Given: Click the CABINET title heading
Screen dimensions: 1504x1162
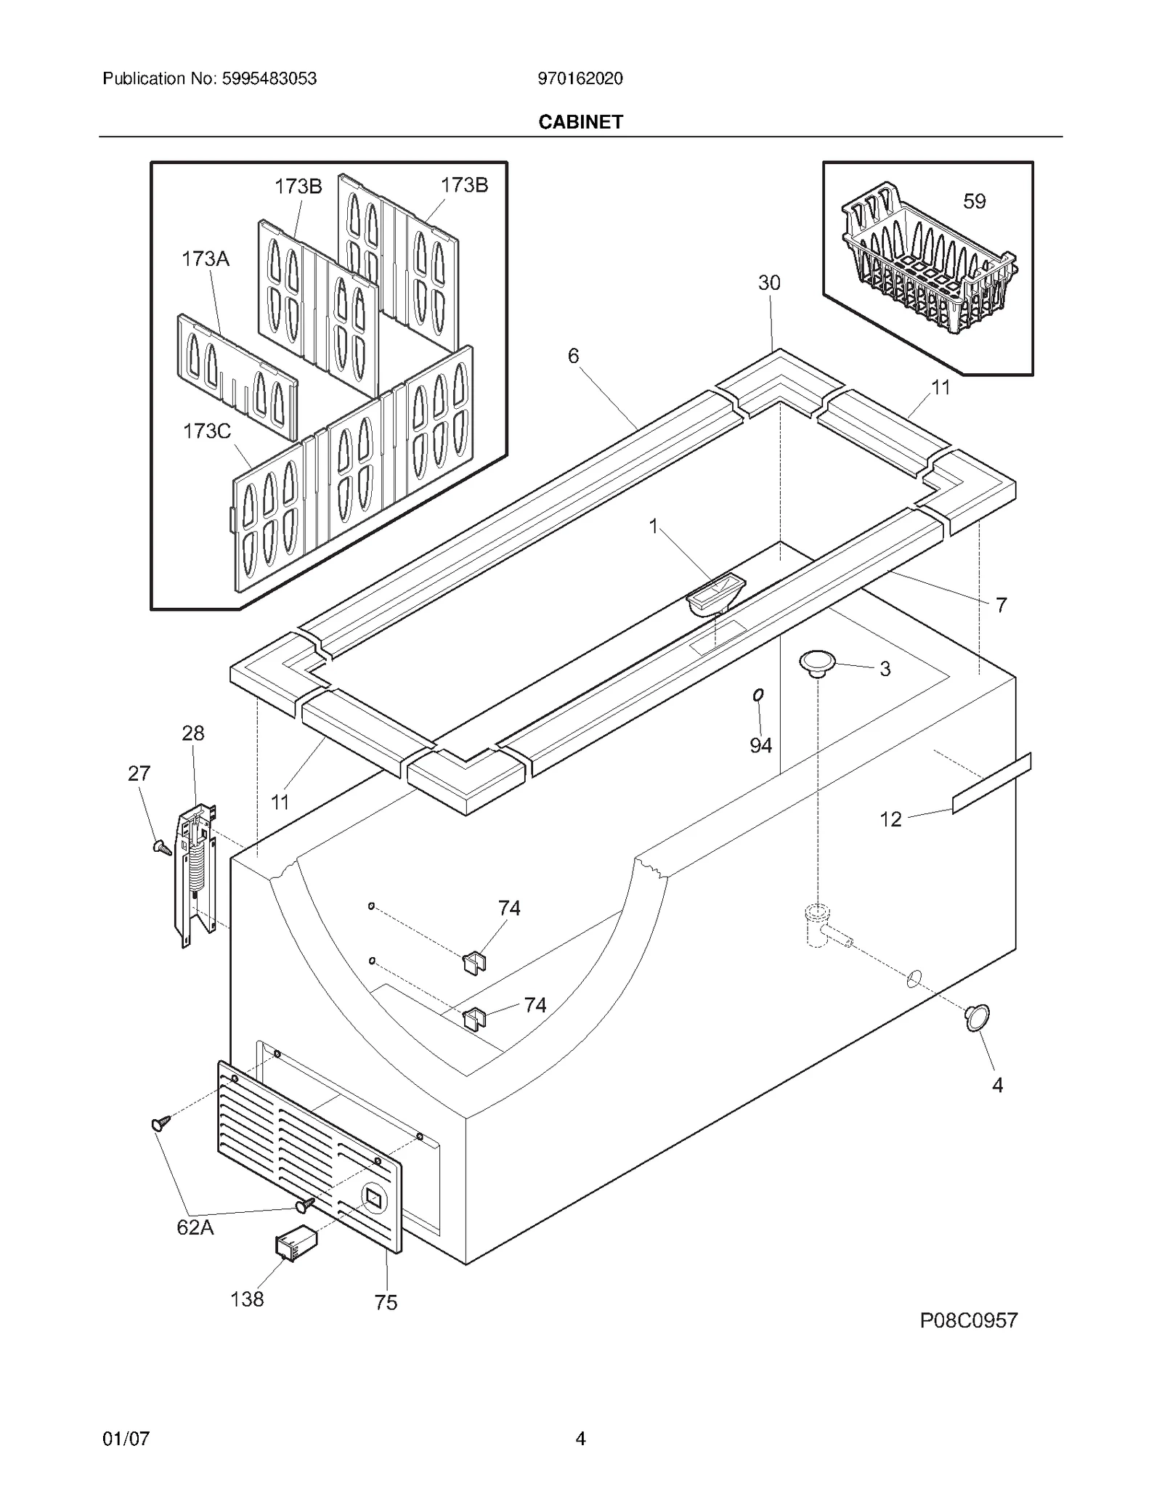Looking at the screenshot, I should click(580, 122).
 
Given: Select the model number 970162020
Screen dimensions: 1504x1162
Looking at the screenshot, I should click(580, 78).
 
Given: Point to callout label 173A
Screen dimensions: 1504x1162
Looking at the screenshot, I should click(205, 259).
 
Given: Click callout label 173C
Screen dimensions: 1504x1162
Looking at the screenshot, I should click(206, 431).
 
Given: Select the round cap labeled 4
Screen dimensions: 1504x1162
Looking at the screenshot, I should click(978, 1017).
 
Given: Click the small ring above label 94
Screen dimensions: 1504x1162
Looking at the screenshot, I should click(758, 696).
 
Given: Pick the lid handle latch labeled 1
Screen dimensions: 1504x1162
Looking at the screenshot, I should click(715, 593).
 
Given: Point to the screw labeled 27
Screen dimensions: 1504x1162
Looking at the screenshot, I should click(161, 846).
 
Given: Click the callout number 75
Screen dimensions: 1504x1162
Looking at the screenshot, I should click(386, 1303).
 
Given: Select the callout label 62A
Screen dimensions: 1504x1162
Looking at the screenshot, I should click(195, 1227).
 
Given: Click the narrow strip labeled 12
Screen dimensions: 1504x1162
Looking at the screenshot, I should click(992, 783).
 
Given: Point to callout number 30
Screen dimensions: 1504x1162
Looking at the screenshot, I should click(769, 283).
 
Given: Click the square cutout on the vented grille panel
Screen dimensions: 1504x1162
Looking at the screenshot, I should click(373, 1199).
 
